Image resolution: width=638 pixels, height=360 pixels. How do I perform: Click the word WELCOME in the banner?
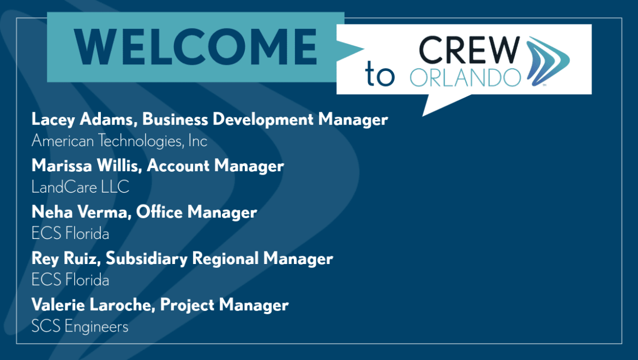click(195, 47)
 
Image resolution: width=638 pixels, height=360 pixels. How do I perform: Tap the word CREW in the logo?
click(469, 50)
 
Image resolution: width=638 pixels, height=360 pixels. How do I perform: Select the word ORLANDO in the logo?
click(465, 77)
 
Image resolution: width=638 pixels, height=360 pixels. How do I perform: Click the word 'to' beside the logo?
click(380, 74)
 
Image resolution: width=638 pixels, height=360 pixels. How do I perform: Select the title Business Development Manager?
click(265, 119)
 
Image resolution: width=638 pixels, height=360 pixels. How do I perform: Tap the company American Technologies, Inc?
click(119, 141)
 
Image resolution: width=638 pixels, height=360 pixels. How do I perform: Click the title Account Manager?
click(215, 166)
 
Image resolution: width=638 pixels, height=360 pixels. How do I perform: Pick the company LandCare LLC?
click(80, 187)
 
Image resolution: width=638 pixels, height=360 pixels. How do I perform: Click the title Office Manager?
click(196, 212)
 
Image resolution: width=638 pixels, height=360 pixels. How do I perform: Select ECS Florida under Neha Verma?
click(70, 233)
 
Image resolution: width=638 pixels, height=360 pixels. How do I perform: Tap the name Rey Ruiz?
click(65, 259)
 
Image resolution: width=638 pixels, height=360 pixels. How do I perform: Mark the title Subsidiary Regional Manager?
click(219, 259)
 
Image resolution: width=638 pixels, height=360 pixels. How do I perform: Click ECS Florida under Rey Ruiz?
click(70, 280)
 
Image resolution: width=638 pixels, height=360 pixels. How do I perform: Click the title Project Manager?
click(224, 305)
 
